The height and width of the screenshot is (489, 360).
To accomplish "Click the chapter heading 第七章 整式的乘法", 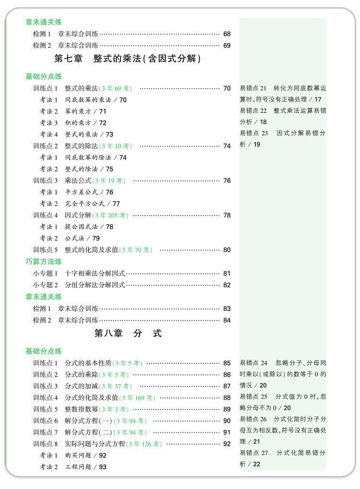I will coord(128,59).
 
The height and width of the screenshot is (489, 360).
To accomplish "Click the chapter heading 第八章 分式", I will coord(128,334).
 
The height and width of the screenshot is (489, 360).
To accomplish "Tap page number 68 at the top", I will coord(227,34).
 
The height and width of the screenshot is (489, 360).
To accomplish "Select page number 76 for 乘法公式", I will coord(227,181).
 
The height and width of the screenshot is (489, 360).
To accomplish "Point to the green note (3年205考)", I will coord(110,215).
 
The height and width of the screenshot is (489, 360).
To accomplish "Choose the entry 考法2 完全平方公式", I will coord(80,204).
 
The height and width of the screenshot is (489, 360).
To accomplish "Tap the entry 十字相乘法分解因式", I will coord(95,274).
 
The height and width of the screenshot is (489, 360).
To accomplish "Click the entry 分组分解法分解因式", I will coord(95,285).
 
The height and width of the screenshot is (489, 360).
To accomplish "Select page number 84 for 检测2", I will coord(227,321).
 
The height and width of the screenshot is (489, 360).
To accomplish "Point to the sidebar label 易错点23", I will coord(254,133).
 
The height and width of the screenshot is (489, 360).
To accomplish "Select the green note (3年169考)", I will coord(138,398).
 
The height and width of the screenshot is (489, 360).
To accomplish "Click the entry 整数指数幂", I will coord(82,409).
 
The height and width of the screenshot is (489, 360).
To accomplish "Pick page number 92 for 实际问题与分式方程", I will coord(227,444).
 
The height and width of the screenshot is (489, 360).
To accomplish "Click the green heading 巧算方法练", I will coord(44,262).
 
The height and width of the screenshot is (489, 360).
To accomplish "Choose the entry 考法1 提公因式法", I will coord(76,227).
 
